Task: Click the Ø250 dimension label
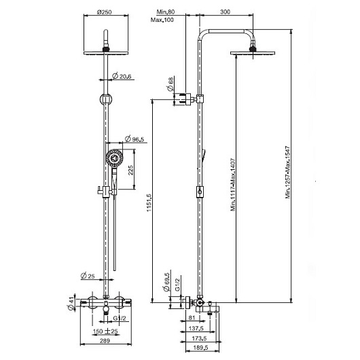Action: pos(104,12)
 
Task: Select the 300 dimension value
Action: pos(225,12)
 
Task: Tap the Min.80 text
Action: pos(166,12)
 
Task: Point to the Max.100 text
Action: pos(162,20)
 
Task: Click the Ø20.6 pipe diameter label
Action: pos(122,76)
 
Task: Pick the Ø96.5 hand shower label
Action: pos(134,139)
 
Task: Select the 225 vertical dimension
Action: pos(130,170)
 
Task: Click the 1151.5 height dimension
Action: pos(149,202)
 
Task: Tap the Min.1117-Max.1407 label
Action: pos(233,184)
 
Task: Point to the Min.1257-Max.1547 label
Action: pos(288,173)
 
